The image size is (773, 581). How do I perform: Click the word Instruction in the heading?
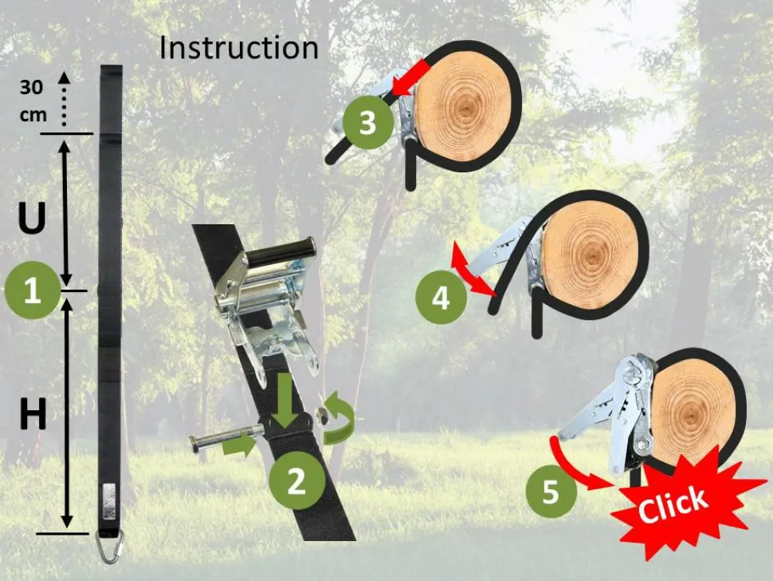coord(238,48)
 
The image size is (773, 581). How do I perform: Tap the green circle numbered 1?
coord(32,290)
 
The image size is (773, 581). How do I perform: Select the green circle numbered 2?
coord(296,480)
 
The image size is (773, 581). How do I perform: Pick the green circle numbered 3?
coord(367,122)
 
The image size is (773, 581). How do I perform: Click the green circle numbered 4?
coord(441,298)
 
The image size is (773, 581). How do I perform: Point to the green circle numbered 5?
coord(551,492)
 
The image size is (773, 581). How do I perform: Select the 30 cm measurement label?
coord(33,101)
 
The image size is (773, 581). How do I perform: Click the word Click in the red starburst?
coord(673,504)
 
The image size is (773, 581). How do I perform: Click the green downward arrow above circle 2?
coord(285,400)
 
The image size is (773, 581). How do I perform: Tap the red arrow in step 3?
coord(410,77)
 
